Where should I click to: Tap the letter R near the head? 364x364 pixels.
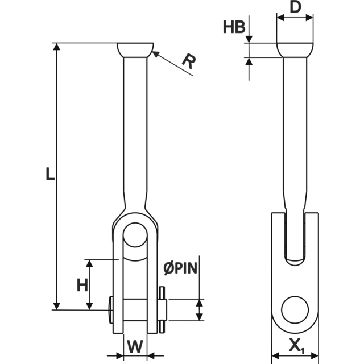(x=188, y=61)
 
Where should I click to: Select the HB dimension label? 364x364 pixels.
(x=234, y=27)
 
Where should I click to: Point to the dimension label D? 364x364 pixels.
(x=295, y=9)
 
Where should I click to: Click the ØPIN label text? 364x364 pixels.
(x=180, y=267)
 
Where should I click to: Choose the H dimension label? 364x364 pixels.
(x=82, y=285)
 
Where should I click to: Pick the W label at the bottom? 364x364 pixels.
(x=135, y=346)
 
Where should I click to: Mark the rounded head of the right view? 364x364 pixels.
(x=295, y=50)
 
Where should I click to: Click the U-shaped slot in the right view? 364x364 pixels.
(x=295, y=239)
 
